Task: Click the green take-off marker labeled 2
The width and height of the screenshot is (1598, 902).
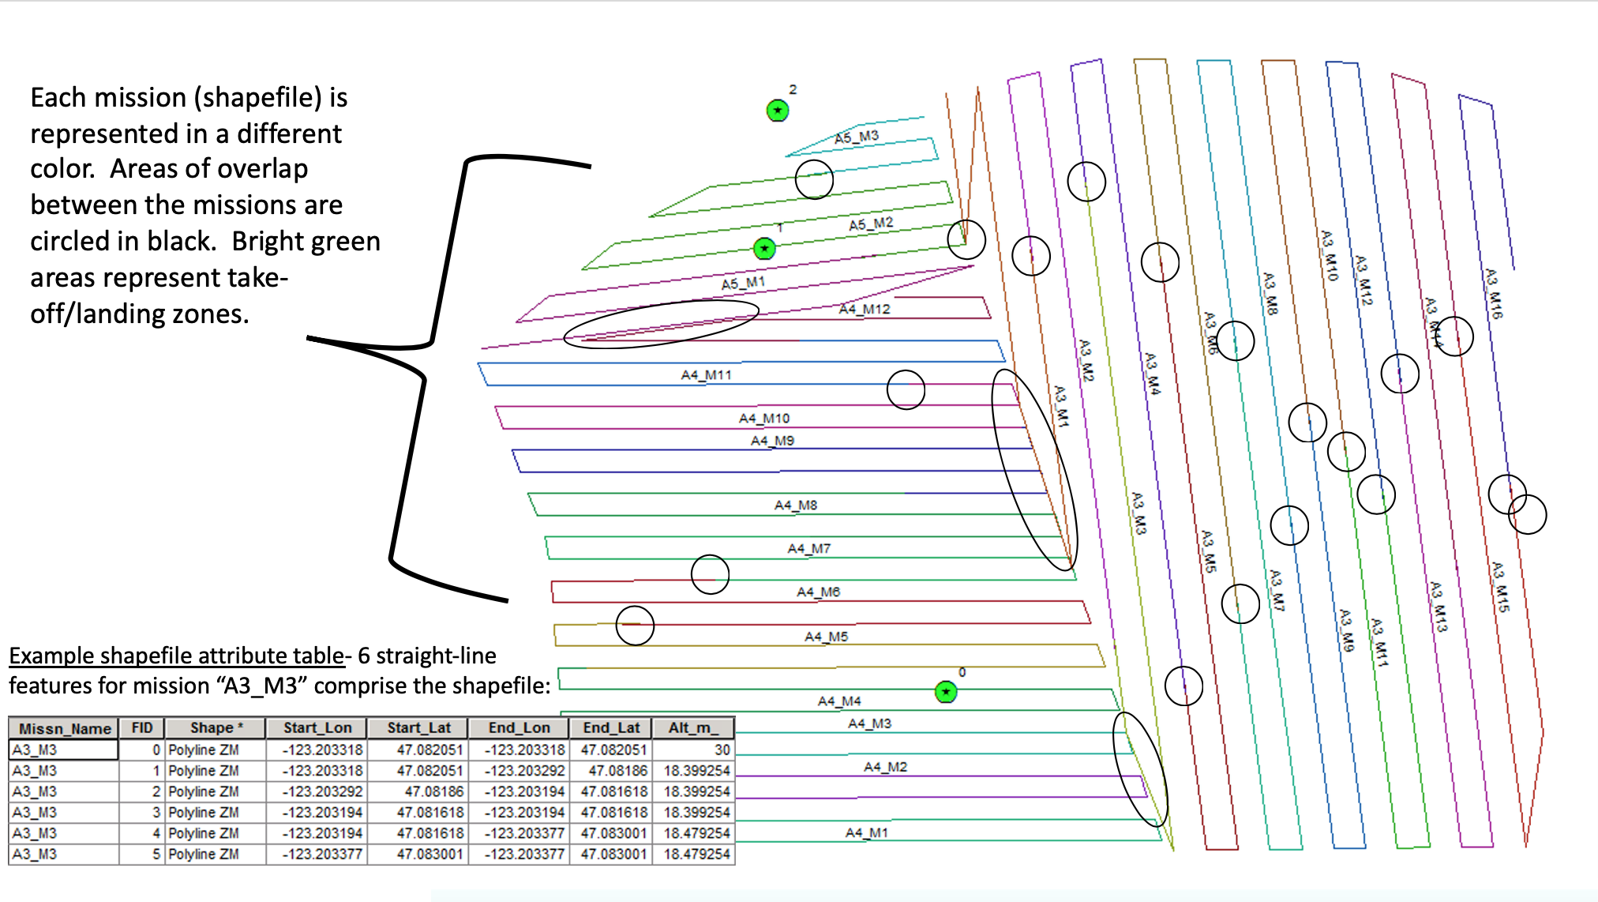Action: tap(778, 111)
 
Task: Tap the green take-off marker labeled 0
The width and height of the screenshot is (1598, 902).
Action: tap(946, 692)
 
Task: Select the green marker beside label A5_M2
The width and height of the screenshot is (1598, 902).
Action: tap(764, 249)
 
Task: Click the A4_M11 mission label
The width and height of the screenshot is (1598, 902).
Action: tap(707, 374)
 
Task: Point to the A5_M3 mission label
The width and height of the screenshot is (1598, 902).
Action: tap(857, 137)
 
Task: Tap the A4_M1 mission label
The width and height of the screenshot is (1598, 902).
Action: tap(866, 832)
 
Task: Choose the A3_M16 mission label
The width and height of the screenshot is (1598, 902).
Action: tap(1493, 293)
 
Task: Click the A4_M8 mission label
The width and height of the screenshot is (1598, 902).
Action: tap(795, 505)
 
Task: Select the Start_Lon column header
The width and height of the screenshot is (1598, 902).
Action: tap(317, 728)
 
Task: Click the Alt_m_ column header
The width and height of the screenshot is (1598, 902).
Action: tap(693, 728)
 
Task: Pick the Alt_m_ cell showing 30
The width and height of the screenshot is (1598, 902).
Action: tap(722, 750)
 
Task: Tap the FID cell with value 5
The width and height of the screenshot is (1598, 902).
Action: tap(156, 854)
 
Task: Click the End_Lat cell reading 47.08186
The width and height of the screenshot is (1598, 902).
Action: tap(617, 770)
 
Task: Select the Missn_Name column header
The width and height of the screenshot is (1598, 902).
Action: tap(65, 728)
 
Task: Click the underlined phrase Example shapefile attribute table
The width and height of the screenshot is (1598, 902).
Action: tap(177, 656)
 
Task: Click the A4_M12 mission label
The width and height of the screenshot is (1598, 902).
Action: tap(864, 309)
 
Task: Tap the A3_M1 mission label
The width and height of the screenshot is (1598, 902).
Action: tap(1061, 407)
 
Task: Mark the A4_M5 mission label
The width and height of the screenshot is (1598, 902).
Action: tap(826, 637)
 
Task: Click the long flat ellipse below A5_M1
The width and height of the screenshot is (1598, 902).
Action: tap(661, 324)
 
